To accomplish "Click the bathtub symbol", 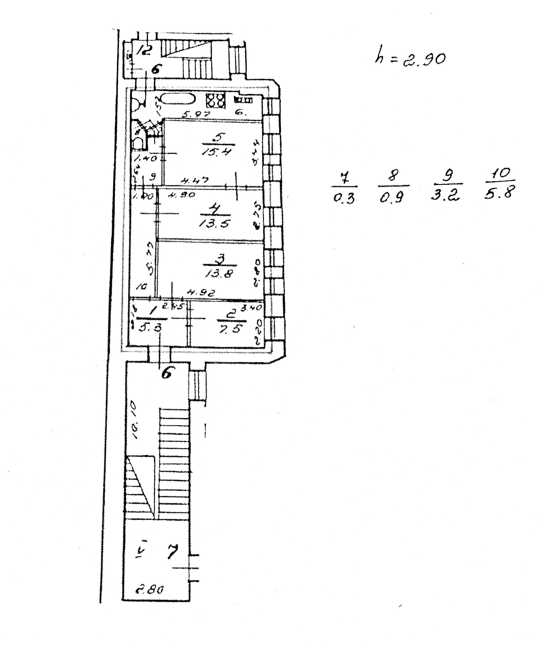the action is [178, 99].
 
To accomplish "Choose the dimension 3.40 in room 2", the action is [251, 308].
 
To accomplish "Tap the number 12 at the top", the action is [144, 49].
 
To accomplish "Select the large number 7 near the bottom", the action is [173, 551].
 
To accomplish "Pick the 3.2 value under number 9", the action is [445, 195].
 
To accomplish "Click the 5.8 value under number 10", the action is [499, 193].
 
